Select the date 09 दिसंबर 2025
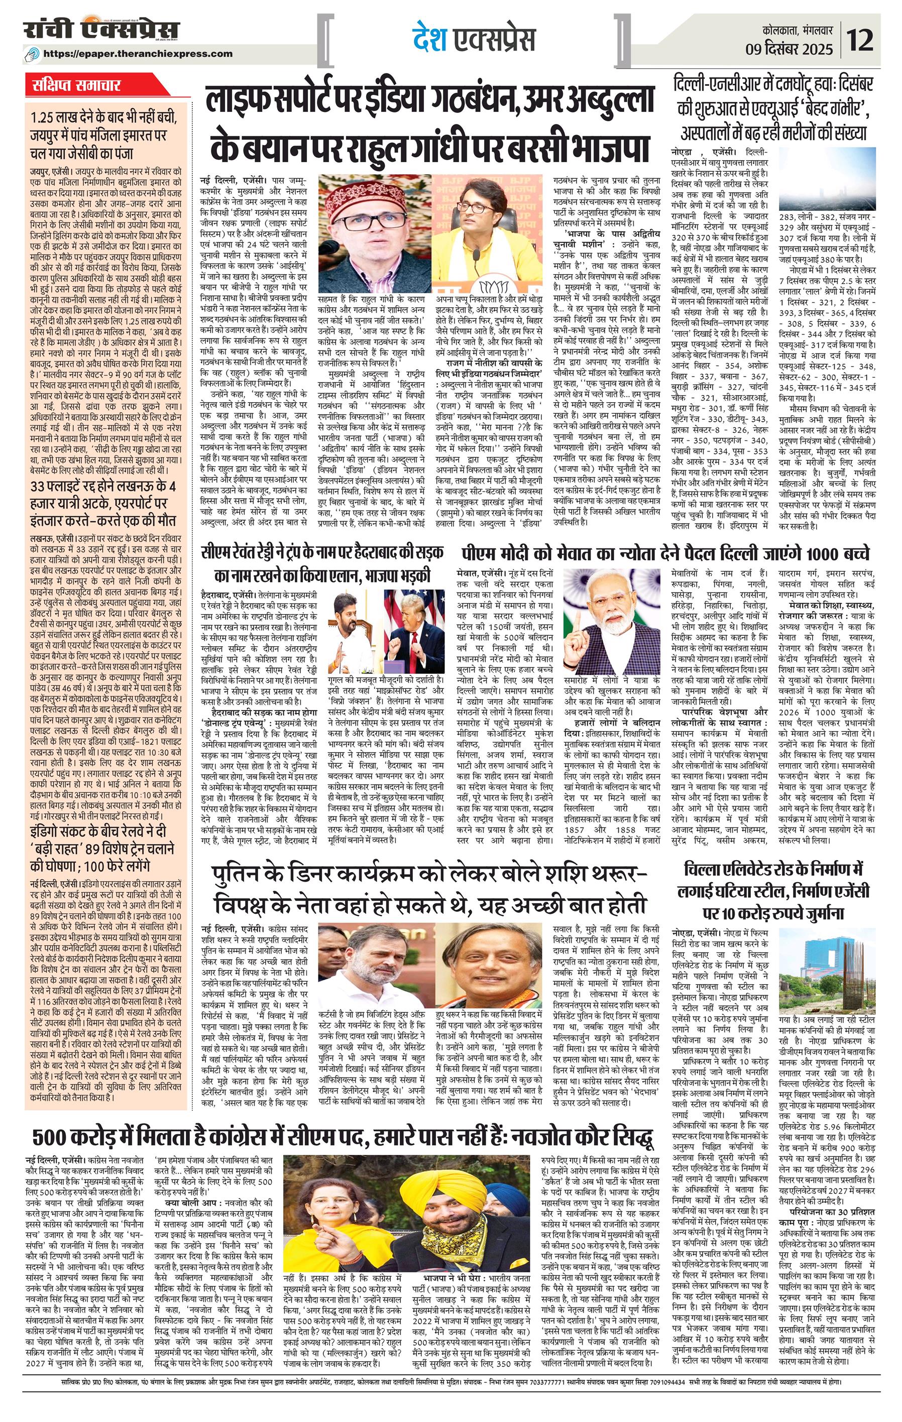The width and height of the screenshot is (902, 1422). pyautogui.click(x=797, y=48)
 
